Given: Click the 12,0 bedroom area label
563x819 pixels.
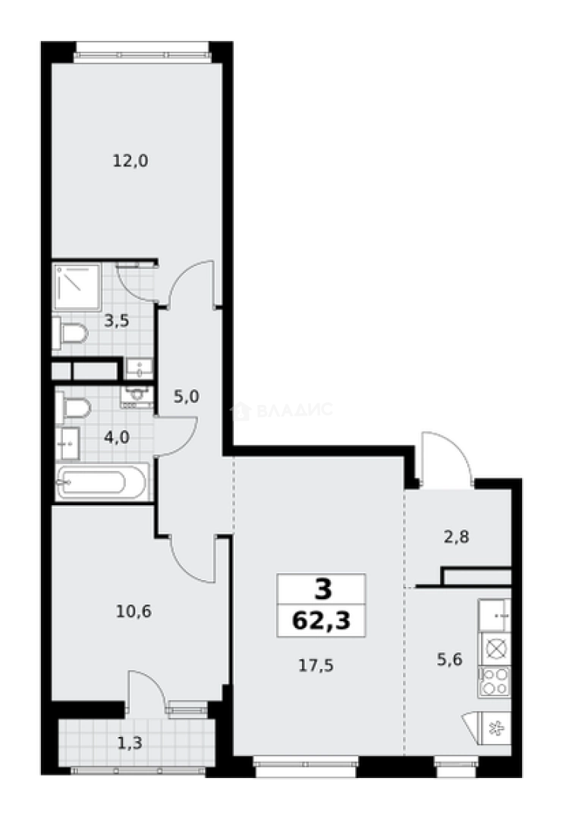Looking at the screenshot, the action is pos(131,161).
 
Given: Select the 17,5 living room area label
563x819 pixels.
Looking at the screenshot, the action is pos(316,666).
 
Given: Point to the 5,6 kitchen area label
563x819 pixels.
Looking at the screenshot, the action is pos(449,659).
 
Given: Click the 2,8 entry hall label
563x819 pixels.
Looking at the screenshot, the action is pos(456,536).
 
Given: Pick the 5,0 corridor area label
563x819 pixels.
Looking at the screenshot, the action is pos(186,397).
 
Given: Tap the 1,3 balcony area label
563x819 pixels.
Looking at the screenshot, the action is pos(131,742).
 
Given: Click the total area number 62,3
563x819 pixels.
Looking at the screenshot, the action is pos(321,621).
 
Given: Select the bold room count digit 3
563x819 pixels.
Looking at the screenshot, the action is pos(323,590).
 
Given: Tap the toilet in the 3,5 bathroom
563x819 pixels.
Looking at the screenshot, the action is pos(70,333).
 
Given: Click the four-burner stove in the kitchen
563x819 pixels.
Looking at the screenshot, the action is pos(494,681).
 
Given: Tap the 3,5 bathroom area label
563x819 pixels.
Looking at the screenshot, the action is pos(116,321).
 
